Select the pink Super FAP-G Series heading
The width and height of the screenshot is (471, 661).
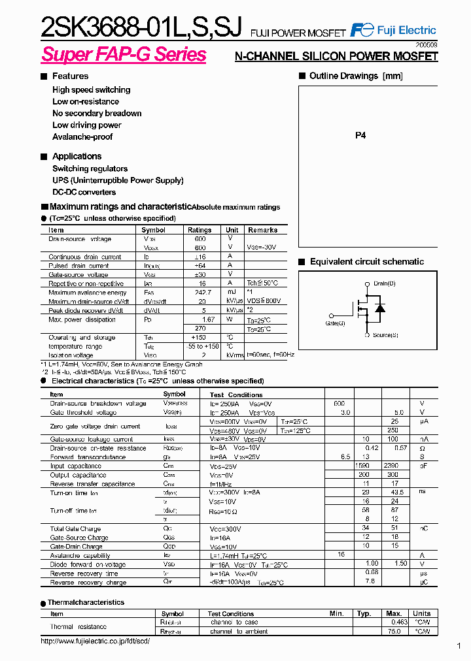124,55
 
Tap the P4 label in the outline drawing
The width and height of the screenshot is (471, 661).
360,135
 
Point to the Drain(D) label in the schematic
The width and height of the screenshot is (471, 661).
384,283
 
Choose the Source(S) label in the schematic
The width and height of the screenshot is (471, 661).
385,335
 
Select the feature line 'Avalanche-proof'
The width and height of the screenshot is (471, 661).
82,137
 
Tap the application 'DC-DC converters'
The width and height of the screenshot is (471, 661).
84,192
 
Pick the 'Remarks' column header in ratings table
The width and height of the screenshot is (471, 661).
263,230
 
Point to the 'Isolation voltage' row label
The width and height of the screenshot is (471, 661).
71,355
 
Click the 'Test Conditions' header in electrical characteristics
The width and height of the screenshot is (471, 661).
236,395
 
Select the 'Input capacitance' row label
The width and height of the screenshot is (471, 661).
76,466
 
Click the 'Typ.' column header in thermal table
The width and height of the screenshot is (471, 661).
364,613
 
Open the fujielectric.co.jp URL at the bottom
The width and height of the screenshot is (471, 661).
96,641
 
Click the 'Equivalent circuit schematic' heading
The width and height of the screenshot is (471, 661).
366,262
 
